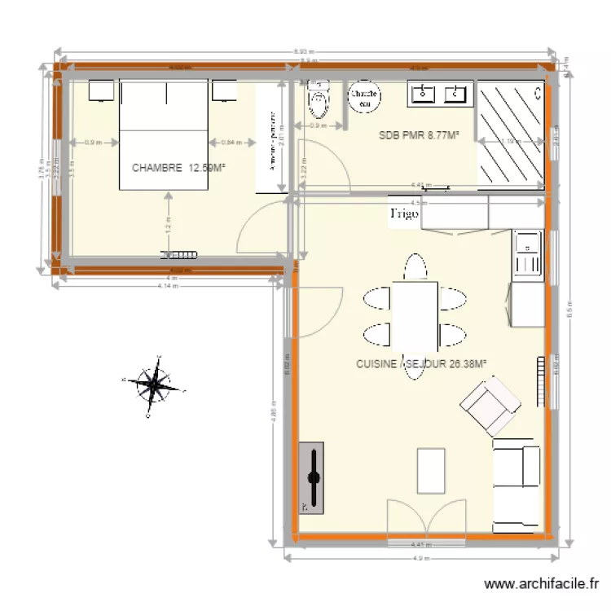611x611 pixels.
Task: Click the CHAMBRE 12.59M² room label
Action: click(178, 168)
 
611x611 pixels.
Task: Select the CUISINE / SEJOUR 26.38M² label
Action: click(421, 365)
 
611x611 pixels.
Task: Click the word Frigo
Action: click(404, 213)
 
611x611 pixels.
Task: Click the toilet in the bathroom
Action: click(319, 103)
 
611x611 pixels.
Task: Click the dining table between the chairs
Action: click(415, 313)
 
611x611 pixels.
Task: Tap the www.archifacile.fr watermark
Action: click(542, 584)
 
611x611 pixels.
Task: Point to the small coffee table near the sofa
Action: click(431, 471)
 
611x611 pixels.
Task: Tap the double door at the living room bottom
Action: click(418, 518)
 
